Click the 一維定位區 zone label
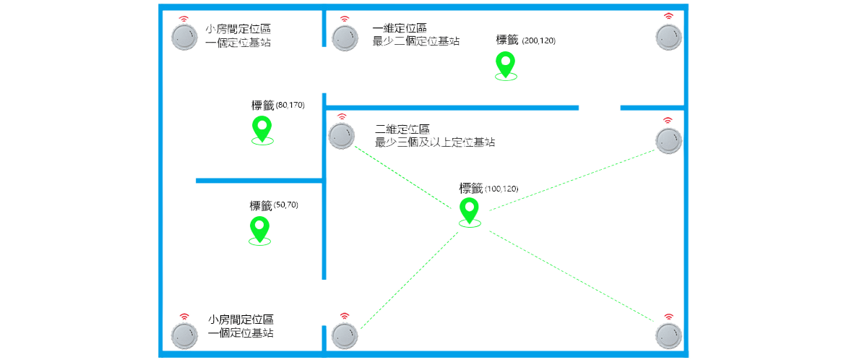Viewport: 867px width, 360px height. (x=400, y=28)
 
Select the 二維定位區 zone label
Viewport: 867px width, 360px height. (x=402, y=130)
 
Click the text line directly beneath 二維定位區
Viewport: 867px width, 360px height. (x=434, y=142)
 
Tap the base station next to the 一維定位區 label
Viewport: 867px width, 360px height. (x=345, y=38)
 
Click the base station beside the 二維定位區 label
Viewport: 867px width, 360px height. (x=341, y=135)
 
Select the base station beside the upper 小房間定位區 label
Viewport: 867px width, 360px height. (x=184, y=37)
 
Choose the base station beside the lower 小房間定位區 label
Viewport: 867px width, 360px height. (x=184, y=335)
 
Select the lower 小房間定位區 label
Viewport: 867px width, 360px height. (x=241, y=320)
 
